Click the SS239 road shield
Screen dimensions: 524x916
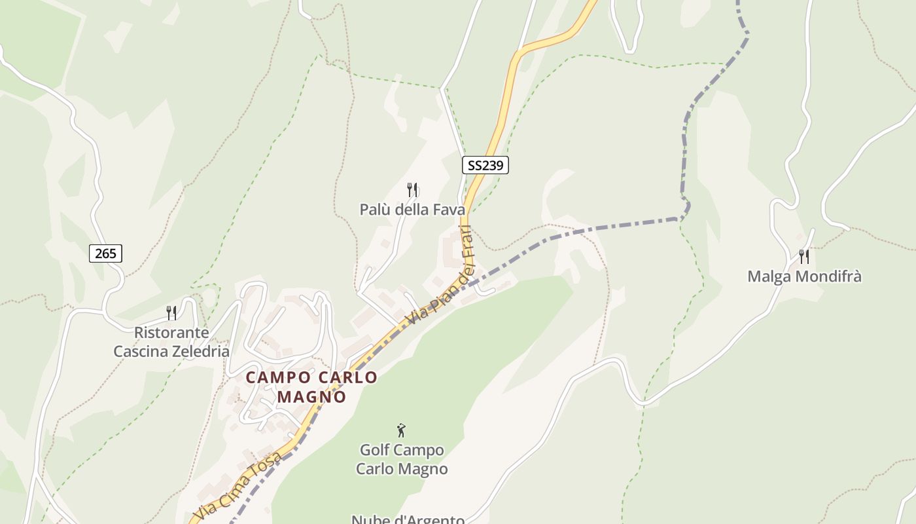tap(485, 165)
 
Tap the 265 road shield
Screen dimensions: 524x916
tap(105, 253)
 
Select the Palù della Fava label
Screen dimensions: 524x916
tap(412, 210)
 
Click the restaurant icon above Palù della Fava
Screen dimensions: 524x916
tap(412, 190)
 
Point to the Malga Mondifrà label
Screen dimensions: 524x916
tap(804, 276)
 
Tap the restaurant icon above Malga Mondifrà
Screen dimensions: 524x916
tap(804, 256)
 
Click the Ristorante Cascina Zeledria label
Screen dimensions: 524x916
tap(171, 342)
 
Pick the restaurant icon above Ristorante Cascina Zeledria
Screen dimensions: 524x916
tap(171, 312)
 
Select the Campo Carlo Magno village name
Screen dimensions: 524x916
tap(311, 386)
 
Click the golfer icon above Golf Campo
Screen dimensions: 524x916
tap(401, 430)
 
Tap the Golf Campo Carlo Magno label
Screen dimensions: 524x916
tap(402, 460)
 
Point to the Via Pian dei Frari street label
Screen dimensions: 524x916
tap(440, 276)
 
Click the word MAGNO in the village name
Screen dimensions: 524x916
tap(311, 397)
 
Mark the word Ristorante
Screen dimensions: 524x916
tap(171, 333)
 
